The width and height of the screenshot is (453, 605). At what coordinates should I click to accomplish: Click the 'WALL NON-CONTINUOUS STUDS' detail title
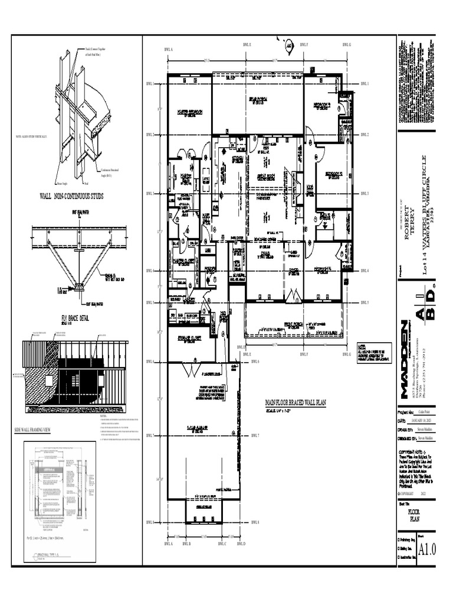pyautogui.click(x=71, y=196)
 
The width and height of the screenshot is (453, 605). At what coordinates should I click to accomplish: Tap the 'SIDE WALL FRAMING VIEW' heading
pyautogui.click(x=32, y=431)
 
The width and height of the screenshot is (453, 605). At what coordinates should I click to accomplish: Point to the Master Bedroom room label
pyautogui.click(x=189, y=112)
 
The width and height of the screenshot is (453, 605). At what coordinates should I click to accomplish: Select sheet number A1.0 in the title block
pyautogui.click(x=426, y=550)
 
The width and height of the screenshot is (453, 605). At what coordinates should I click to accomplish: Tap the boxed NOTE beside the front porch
pyautogui.click(x=373, y=350)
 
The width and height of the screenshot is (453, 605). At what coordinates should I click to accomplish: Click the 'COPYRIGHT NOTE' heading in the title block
pyautogui.click(x=414, y=451)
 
